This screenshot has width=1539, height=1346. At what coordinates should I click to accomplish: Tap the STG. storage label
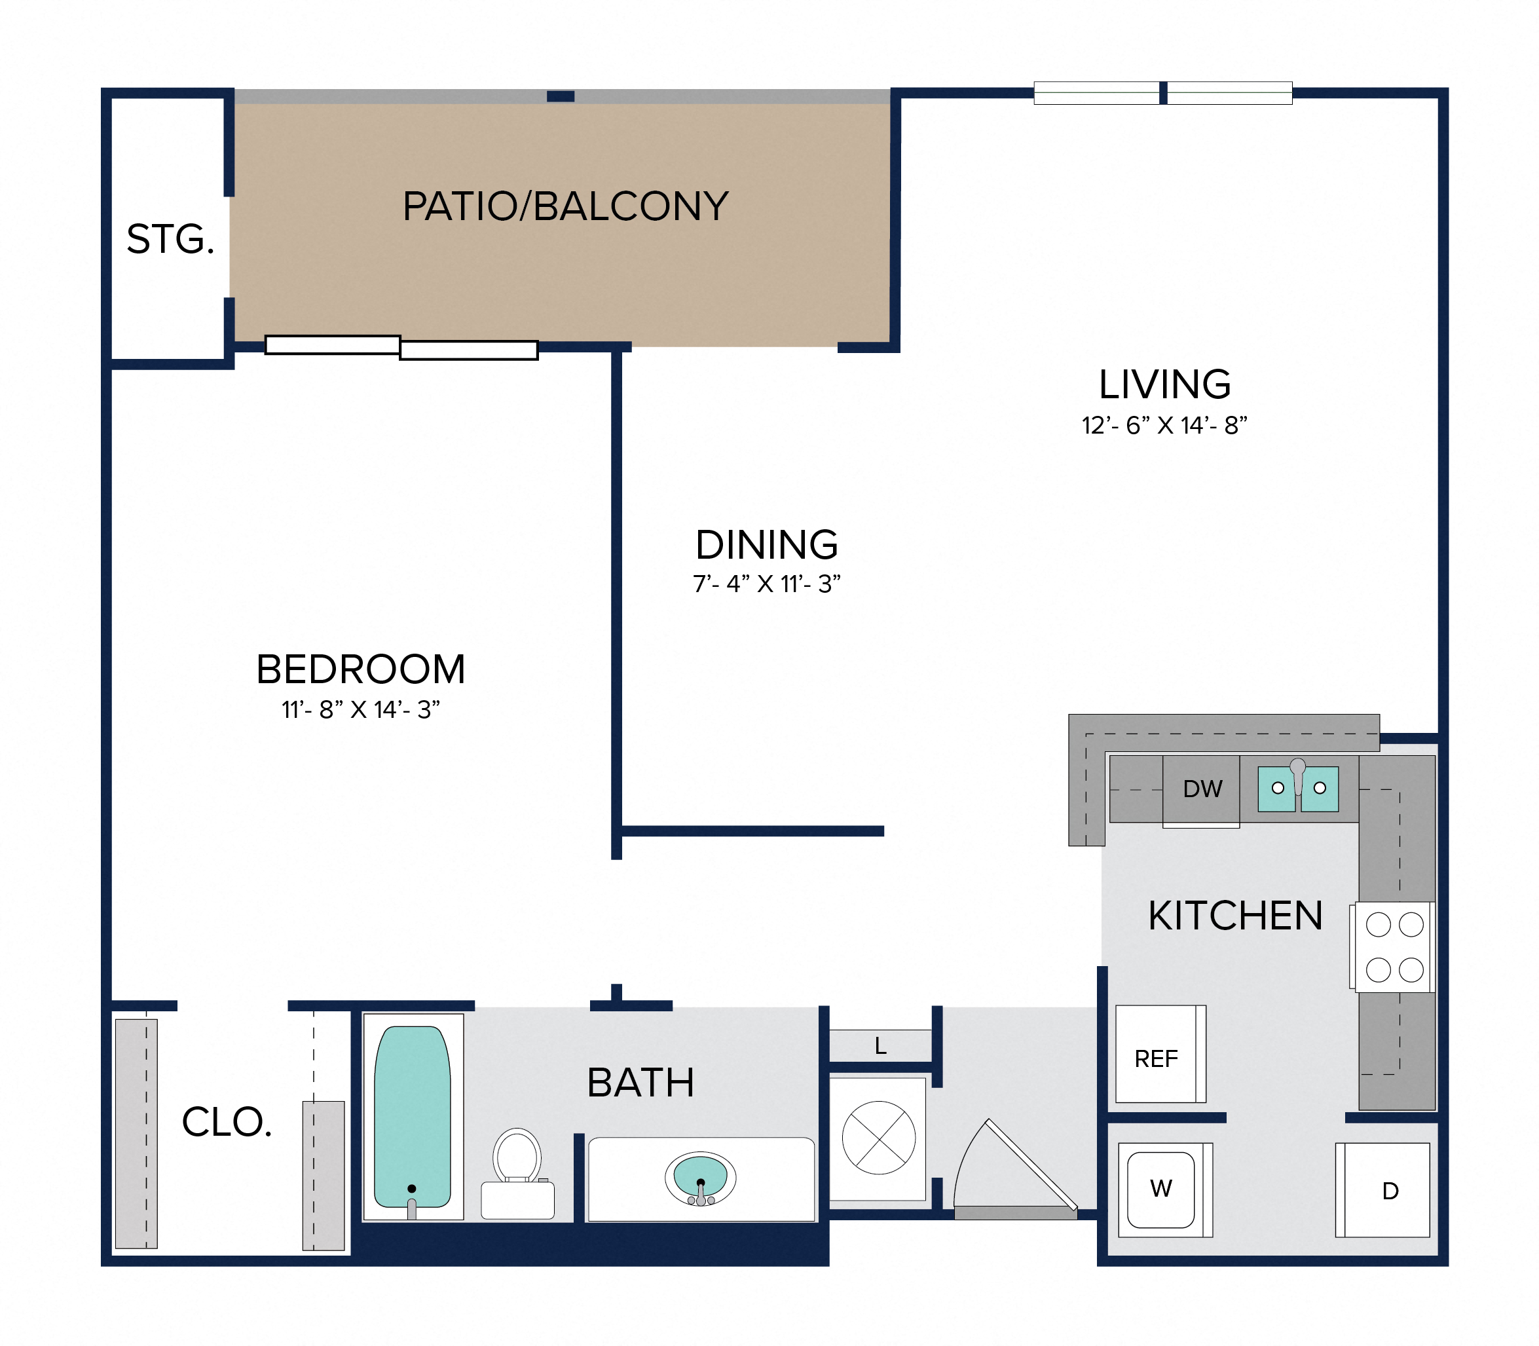[x=170, y=239]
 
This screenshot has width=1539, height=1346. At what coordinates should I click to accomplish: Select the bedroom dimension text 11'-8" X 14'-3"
[x=361, y=710]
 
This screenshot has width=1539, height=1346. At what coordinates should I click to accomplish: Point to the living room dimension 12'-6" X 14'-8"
[x=1164, y=425]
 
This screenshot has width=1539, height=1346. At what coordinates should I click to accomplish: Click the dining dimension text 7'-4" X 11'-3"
[x=766, y=584]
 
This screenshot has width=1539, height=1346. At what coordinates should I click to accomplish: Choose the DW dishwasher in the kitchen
[x=1201, y=790]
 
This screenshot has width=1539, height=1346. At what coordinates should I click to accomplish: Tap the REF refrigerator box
[x=1160, y=1054]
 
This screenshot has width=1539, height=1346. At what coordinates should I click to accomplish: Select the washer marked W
[x=1165, y=1189]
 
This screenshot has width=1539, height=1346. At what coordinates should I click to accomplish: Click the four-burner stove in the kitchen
[x=1395, y=947]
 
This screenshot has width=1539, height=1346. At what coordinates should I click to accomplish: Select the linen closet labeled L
[x=880, y=1045]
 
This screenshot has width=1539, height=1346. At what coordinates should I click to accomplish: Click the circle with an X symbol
[x=879, y=1138]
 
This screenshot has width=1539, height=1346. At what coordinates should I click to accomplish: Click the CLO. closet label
[x=227, y=1122]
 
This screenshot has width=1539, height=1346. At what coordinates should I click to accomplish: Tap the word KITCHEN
[x=1236, y=916]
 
